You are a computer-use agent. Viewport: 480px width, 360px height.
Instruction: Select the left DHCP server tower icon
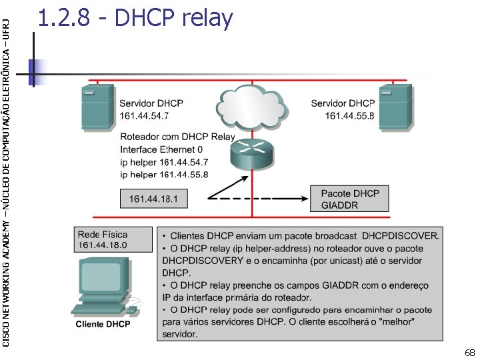tap(97, 107)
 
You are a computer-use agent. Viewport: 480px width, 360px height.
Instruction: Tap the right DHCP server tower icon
tap(395, 107)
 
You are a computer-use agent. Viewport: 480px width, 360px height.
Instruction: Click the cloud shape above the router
tap(251, 105)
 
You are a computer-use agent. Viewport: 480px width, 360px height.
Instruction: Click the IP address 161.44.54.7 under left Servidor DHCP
tap(144, 116)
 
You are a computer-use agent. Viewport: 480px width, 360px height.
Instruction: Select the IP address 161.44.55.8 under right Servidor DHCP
tap(349, 116)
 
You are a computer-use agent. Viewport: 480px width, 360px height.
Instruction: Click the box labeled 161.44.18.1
tap(158, 199)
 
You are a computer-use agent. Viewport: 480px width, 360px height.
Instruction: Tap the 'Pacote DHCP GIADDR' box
tap(349, 199)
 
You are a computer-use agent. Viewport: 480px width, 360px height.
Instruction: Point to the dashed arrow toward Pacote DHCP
tap(260, 199)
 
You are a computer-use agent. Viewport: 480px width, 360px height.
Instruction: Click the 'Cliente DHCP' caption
tap(103, 324)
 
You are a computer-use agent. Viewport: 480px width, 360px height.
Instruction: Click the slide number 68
tap(469, 352)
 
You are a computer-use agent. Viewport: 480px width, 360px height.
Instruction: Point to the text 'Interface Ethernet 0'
tap(162, 149)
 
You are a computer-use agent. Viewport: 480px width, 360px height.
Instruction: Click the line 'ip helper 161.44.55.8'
tap(164, 174)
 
